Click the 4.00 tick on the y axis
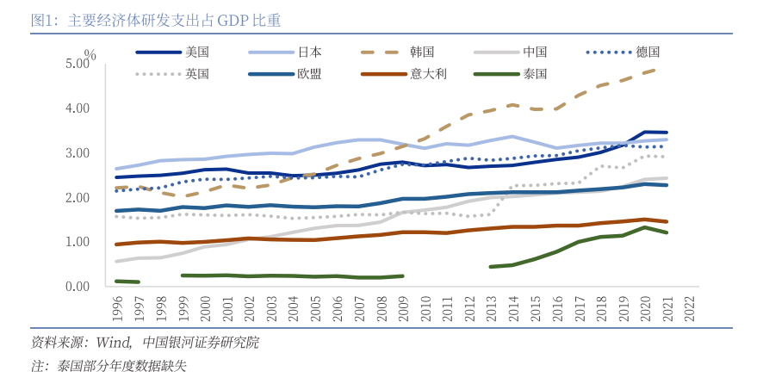click(77, 108)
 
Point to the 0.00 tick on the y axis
click(77, 287)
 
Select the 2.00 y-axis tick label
click(77, 198)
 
